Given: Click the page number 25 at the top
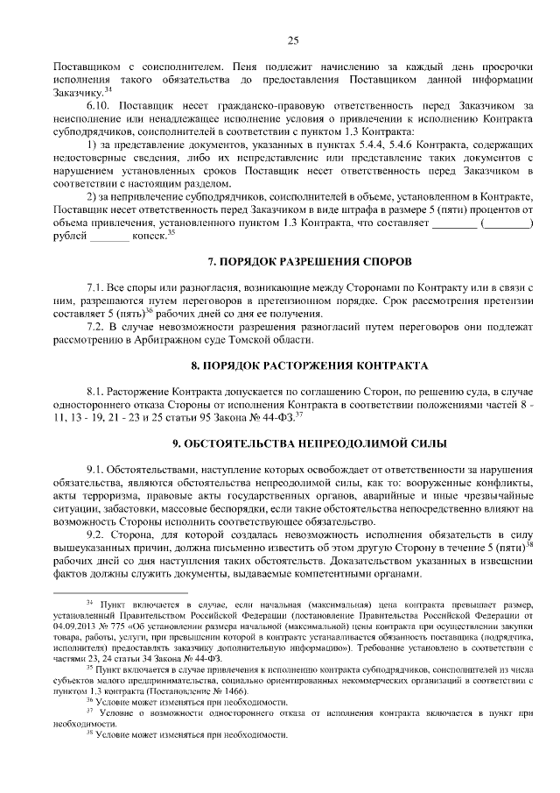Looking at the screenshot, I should (292, 39).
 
